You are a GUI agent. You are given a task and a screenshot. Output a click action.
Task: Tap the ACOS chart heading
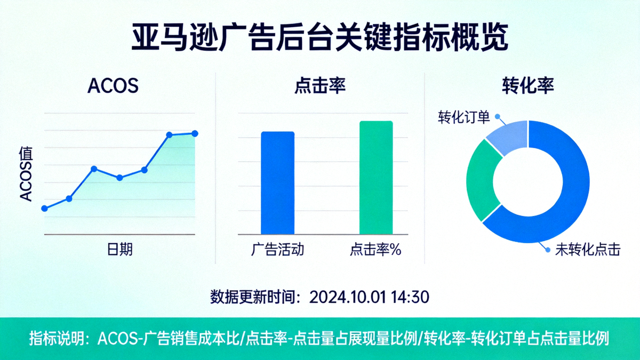(x=113, y=86)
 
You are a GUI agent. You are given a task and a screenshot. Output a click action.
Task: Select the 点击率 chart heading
(x=320, y=86)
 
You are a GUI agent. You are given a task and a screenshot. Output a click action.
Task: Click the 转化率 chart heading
(x=528, y=86)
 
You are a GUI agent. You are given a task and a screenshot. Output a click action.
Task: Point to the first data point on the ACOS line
(x=45, y=209)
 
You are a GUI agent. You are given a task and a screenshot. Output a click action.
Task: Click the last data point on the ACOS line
(x=195, y=133)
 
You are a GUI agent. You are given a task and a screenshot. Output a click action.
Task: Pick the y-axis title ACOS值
(x=26, y=174)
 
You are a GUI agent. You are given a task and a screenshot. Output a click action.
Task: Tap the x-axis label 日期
(x=120, y=249)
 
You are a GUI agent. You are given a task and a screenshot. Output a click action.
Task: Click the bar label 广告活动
(x=277, y=249)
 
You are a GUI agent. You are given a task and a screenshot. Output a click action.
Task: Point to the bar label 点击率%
(x=375, y=249)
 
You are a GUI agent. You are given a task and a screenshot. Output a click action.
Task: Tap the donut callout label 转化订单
(x=463, y=117)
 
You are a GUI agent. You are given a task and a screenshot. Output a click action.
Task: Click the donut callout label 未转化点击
(x=588, y=250)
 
